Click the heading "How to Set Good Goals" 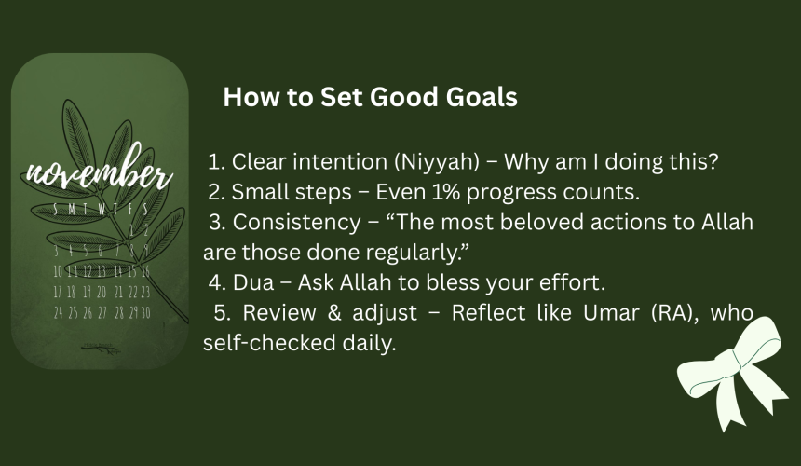(371, 97)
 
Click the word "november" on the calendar (99, 171)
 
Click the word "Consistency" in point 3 (297, 223)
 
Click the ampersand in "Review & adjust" (334, 313)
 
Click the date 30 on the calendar (145, 312)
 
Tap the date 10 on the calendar (58, 271)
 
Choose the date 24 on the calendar (59, 312)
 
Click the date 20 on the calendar (102, 292)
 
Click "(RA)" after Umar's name (675, 313)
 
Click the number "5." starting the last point (223, 313)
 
